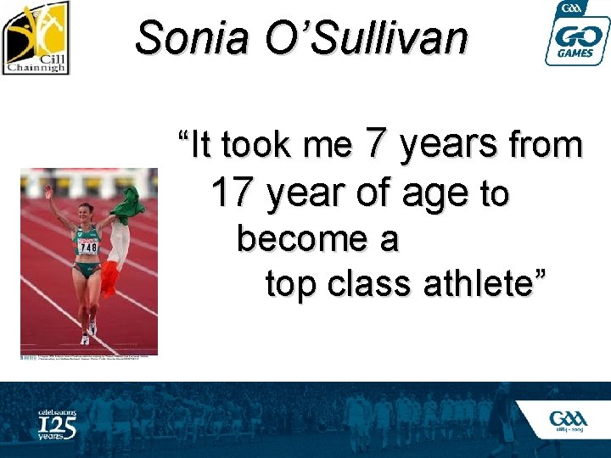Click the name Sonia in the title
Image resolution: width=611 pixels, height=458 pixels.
[x=188, y=37]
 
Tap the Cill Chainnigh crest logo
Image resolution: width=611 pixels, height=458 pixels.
[x=36, y=37]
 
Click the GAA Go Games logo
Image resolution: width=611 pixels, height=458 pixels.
[x=576, y=34]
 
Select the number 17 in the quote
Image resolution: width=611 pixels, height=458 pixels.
[x=232, y=193]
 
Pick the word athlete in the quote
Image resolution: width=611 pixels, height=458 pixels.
[x=490, y=284]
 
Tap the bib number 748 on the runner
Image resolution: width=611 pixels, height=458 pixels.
[x=88, y=246]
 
